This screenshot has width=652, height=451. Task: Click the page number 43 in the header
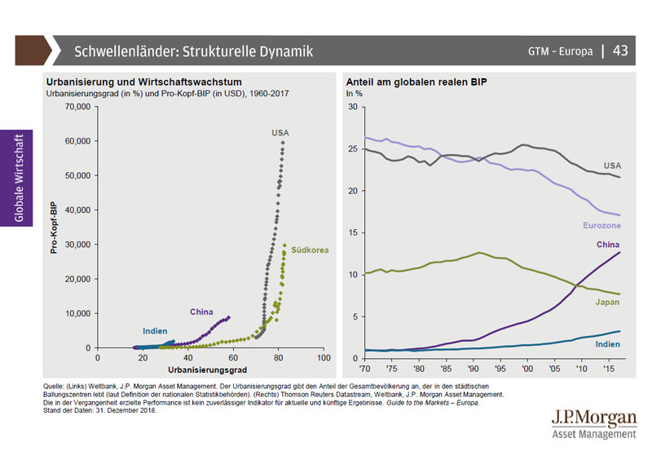[x=620, y=51]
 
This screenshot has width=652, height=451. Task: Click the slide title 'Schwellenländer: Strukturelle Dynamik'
[x=193, y=51]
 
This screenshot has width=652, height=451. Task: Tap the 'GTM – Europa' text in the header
[x=560, y=51]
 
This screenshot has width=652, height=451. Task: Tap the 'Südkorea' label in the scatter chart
[x=311, y=250]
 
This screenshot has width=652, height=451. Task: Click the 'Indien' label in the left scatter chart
[x=155, y=331]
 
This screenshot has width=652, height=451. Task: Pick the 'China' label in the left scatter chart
[x=201, y=312]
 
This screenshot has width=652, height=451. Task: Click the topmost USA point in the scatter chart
[x=283, y=143]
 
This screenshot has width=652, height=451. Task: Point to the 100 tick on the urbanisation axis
[x=324, y=357]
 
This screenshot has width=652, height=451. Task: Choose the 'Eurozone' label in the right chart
[x=602, y=223]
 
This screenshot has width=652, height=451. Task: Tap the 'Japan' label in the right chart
[x=606, y=302]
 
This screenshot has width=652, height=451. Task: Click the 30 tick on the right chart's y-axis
[x=352, y=107]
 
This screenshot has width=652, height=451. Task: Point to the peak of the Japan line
[x=481, y=252]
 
